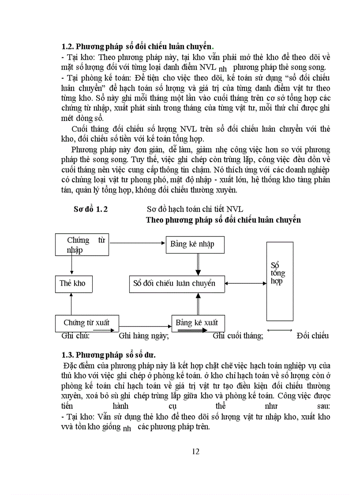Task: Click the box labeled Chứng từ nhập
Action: [x=82, y=245]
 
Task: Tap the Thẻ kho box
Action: [x=73, y=283]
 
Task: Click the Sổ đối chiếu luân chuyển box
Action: [x=176, y=283]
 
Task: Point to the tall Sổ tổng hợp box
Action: [x=280, y=281]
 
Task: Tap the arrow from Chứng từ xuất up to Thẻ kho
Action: [x=71, y=304]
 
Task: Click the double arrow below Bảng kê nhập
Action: [x=198, y=264]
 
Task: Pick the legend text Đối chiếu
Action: [x=313, y=336]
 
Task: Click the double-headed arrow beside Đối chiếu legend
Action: [x=280, y=331]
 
